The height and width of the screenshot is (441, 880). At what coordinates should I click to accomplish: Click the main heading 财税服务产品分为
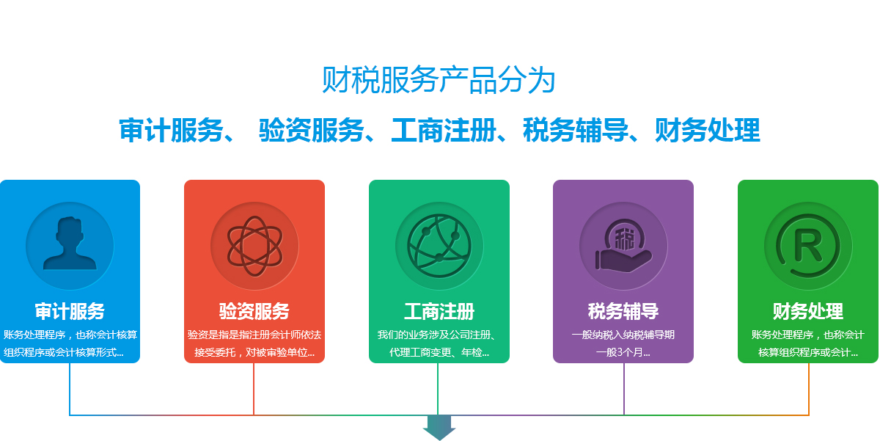(x=439, y=80)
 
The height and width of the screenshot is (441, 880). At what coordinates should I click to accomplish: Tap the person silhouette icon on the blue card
(x=70, y=244)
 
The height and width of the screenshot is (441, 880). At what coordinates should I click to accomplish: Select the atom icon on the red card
(x=254, y=246)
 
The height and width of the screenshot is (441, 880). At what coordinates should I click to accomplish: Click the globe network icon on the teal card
(x=439, y=246)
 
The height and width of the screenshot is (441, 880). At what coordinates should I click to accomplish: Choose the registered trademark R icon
(x=807, y=246)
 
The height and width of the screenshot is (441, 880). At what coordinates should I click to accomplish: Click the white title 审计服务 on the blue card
(x=70, y=311)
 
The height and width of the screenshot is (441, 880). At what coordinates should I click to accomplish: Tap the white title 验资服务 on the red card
(x=254, y=311)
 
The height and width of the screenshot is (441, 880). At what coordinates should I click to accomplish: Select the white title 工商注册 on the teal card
(x=439, y=311)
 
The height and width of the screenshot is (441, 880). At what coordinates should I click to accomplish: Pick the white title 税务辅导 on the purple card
(x=623, y=311)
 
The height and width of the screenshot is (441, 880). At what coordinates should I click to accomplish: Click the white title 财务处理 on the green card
(x=807, y=311)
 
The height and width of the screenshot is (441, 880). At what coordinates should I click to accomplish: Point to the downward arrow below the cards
(x=439, y=428)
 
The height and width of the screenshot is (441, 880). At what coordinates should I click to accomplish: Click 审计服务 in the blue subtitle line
(x=172, y=130)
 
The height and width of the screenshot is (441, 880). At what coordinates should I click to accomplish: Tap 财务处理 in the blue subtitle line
(x=708, y=130)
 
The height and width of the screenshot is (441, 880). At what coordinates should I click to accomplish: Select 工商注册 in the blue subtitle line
(x=444, y=130)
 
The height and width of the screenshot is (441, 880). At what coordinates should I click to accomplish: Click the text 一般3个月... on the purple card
(x=623, y=352)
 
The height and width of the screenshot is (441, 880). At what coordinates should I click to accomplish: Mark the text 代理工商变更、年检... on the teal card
(x=439, y=352)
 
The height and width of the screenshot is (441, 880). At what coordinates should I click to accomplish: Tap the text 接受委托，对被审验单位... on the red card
(x=254, y=352)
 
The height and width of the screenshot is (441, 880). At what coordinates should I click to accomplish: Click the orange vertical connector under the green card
(x=808, y=389)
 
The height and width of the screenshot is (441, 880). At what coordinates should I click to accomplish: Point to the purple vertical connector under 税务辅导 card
(x=624, y=389)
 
